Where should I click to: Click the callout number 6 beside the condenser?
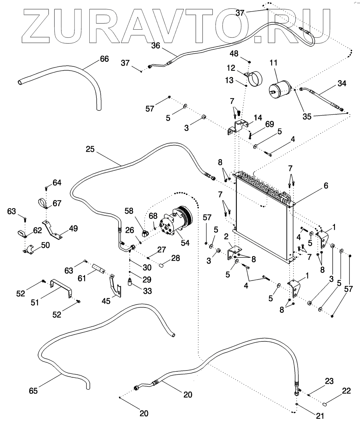point(326,186)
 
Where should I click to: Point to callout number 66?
point(104,59)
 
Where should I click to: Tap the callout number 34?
point(342,83)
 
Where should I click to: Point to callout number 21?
point(320,416)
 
